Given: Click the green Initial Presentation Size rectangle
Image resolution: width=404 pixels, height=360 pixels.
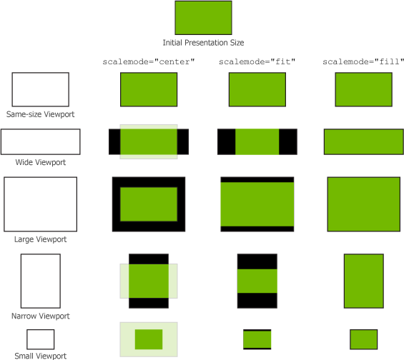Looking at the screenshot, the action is click(203, 18).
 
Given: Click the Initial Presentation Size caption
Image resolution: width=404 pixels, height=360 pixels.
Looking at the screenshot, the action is click(203, 42).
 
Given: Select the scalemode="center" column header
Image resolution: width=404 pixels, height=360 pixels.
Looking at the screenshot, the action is click(149, 61).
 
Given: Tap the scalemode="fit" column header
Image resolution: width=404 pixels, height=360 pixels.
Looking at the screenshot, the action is click(257, 61).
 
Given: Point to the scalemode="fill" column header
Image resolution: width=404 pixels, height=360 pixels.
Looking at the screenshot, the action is click(363, 61).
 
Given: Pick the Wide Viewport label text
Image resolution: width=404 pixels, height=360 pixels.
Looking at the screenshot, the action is click(41, 162).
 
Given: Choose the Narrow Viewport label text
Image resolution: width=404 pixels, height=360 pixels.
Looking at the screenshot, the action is click(41, 316).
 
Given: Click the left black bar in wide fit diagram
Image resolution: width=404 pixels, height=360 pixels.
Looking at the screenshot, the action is click(227, 142).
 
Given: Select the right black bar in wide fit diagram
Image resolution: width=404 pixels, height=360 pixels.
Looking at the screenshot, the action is click(288, 142).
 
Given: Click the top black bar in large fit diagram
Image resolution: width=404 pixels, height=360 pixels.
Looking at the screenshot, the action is click(257, 179).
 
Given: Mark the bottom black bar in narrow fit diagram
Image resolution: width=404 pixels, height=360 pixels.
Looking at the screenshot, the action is click(257, 301).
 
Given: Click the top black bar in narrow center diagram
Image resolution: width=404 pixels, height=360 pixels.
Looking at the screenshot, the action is click(149, 259).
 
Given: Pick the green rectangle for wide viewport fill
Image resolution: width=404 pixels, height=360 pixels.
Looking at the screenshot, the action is click(363, 142).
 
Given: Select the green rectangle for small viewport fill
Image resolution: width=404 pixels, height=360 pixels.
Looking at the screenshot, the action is click(363, 339).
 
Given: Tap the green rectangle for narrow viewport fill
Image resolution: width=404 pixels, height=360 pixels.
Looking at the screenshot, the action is click(363, 281).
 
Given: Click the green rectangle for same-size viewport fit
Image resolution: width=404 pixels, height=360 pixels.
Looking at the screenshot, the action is click(257, 89).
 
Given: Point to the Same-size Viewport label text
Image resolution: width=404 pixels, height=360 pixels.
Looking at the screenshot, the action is click(41, 114).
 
